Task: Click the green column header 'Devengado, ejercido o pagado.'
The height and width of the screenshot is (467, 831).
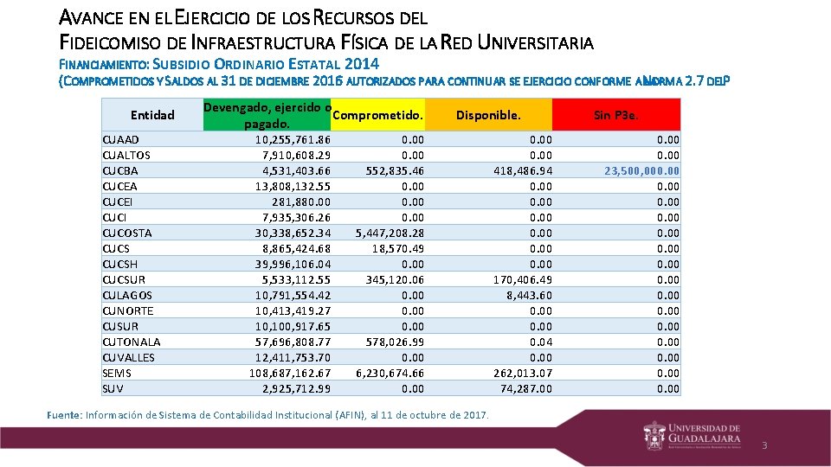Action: coord(268,115)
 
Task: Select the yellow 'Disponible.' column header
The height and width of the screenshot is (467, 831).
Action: coord(488,115)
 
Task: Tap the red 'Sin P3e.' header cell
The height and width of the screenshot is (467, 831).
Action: coord(616,115)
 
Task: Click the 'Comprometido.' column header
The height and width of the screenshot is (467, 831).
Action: coord(378,115)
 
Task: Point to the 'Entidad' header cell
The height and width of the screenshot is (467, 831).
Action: coord(152,115)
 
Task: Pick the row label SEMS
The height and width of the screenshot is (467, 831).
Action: coord(117,373)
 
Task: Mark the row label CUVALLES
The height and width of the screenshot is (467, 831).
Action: coord(128,357)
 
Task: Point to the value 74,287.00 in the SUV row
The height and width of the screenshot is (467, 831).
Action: coord(524,388)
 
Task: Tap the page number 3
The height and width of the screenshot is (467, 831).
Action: coord(764,445)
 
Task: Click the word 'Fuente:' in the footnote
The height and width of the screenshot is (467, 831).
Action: coord(64,415)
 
